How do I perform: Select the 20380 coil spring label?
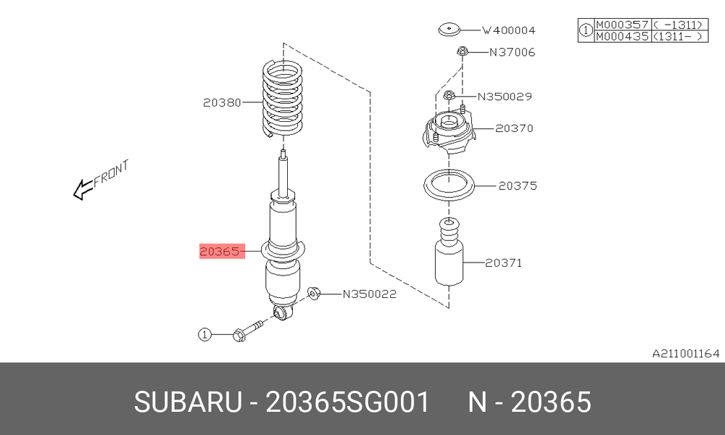(222, 102)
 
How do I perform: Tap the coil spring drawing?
(283, 99)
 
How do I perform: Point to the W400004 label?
(509, 30)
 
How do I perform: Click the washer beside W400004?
(449, 30)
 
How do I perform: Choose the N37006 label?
(513, 52)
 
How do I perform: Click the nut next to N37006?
(463, 51)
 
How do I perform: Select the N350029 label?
(505, 96)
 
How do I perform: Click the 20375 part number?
(518, 186)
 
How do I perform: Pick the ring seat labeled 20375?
(449, 186)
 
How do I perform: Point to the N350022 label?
(370, 294)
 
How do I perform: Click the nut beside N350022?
(314, 293)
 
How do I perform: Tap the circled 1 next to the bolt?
(205, 333)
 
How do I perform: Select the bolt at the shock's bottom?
(248, 330)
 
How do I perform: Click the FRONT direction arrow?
(101, 180)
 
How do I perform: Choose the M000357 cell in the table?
(622, 25)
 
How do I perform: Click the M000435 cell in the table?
(622, 36)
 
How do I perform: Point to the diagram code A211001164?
(686, 354)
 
